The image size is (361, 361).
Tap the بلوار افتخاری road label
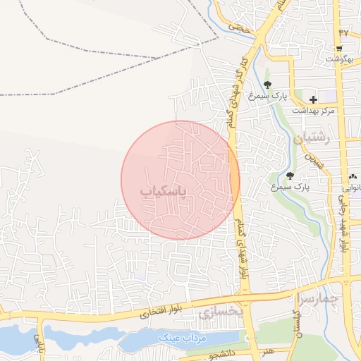tap(149, 310)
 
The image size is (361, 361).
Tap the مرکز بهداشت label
tap(317, 111)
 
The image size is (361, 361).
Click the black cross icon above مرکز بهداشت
tap(313, 100)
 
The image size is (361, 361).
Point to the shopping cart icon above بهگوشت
tap(340, 49)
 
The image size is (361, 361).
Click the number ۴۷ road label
tap(343, 33)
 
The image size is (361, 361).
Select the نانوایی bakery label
tap(352, 188)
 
